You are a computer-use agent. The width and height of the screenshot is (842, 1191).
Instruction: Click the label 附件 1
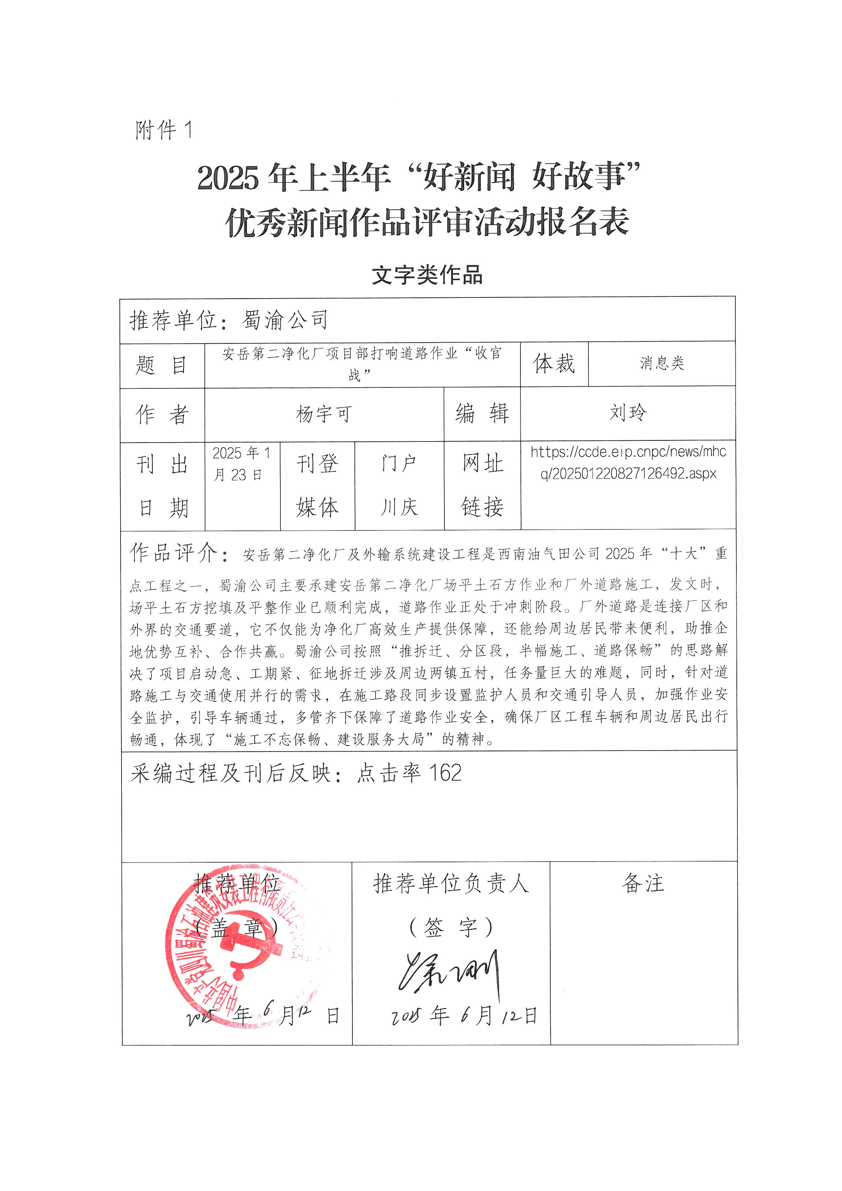[164, 130]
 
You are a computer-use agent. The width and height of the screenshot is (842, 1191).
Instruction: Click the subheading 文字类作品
[427, 275]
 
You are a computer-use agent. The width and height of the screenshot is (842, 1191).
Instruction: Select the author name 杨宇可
[324, 414]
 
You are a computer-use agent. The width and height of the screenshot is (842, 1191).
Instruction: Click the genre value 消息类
[662, 363]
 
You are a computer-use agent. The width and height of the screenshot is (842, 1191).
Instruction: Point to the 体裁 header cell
[554, 364]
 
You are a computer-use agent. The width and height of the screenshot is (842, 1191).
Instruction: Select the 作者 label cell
[162, 414]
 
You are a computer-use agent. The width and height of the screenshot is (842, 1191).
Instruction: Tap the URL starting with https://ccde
[628, 463]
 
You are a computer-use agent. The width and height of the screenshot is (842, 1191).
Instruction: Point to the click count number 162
[445, 773]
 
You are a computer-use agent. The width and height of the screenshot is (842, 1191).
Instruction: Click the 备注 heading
[643, 883]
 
